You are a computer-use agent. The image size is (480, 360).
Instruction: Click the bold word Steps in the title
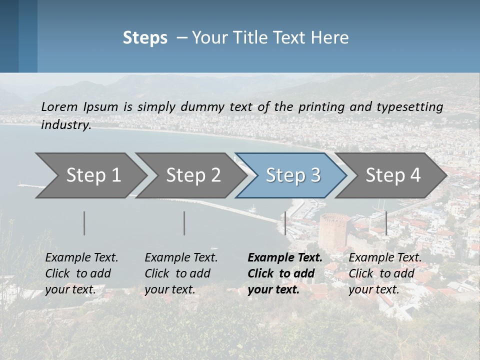[x=145, y=38]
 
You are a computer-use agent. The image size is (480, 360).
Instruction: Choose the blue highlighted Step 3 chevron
[x=293, y=175]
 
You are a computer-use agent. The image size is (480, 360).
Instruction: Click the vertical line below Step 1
[x=84, y=223]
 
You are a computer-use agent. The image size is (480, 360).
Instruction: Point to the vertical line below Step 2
[x=184, y=223]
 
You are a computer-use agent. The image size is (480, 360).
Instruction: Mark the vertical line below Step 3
[x=285, y=223]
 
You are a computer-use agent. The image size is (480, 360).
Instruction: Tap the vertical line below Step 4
[x=386, y=223]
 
